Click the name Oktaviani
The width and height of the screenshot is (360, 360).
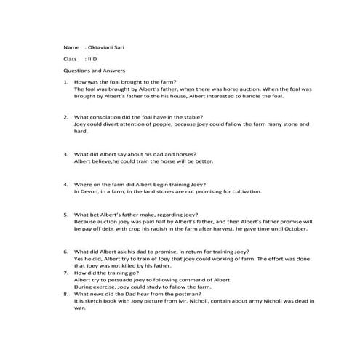coord(103,45)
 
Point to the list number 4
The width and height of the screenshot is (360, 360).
coord(66,185)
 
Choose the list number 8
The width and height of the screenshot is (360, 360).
coord(66,293)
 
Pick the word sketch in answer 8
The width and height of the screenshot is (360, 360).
coord(95,300)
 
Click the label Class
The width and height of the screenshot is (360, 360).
coord(71,58)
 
